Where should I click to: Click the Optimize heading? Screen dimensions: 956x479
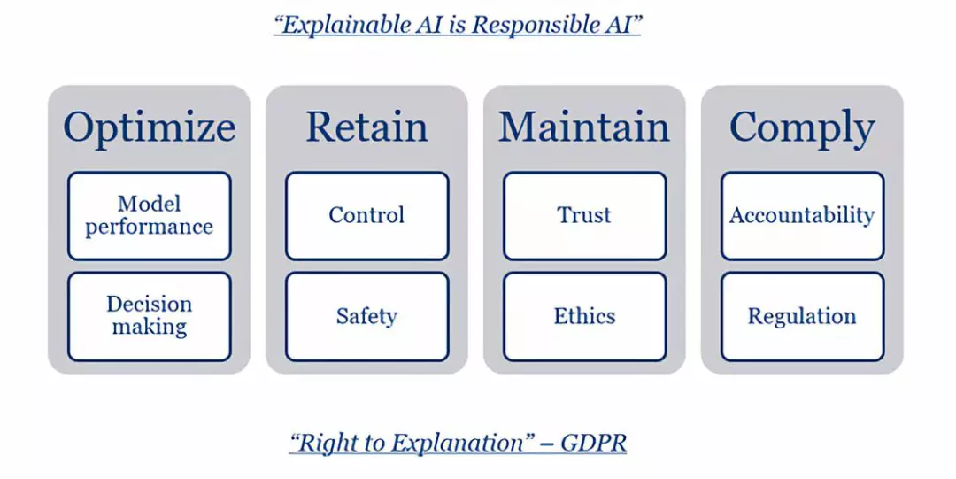[x=150, y=127]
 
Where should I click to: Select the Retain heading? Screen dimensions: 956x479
[x=366, y=127]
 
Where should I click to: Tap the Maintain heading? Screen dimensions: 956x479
[x=584, y=127]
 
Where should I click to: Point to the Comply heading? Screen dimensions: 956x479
[x=802, y=128]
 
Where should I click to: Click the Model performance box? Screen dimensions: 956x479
[x=150, y=216]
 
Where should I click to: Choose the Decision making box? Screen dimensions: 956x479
[x=150, y=317]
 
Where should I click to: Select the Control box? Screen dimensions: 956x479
[x=367, y=216]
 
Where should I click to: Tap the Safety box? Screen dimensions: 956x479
[x=367, y=317]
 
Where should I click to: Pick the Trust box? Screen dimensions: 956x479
[x=585, y=216]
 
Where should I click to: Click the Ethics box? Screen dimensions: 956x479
[x=585, y=317]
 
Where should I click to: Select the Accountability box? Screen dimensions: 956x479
[x=802, y=216]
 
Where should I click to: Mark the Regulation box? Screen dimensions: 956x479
[x=802, y=317]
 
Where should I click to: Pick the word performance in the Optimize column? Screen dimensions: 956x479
[x=150, y=228]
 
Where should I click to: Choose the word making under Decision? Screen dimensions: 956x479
[x=150, y=328]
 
